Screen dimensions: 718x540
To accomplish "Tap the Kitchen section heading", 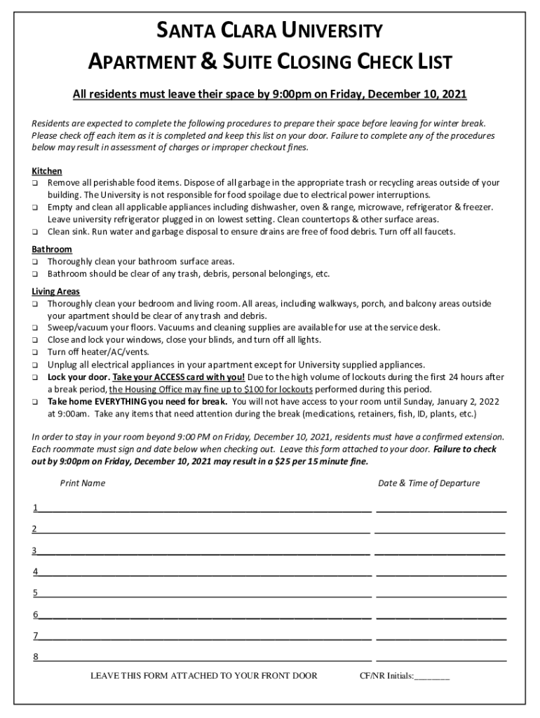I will coord(47,171).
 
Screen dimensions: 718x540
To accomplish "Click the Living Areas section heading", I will coord(56,292).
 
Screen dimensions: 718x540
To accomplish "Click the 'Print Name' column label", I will coord(83,483).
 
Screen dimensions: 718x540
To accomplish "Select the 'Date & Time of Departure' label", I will coord(429,483).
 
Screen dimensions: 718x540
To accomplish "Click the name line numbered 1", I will coord(203,509).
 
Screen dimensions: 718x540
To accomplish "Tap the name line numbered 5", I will coord(203,595).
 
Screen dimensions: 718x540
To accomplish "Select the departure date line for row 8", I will coord(441,658).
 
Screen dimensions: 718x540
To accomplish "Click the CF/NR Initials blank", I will coord(432,677).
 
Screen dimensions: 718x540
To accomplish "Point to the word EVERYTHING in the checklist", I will coord(112,402).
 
